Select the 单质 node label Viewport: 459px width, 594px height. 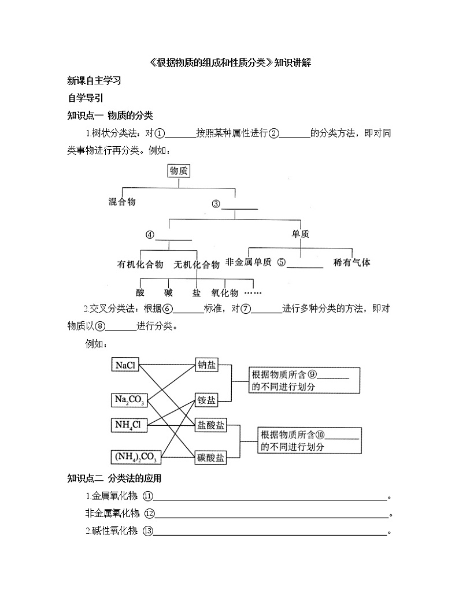[301, 234]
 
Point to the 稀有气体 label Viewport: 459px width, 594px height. [352, 262]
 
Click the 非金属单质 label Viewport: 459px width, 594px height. [248, 262]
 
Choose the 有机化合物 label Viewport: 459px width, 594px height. [140, 265]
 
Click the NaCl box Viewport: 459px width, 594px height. [125, 365]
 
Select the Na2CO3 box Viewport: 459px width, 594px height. [129, 399]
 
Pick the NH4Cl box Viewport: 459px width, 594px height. [128, 425]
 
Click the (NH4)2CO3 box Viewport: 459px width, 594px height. [136, 457]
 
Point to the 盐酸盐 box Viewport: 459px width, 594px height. [210, 426]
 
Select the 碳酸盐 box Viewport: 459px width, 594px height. [210, 457]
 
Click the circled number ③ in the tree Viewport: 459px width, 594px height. [216, 203]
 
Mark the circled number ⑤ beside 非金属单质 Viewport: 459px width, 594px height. [282, 262]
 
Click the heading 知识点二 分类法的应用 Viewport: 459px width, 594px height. [114, 478]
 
